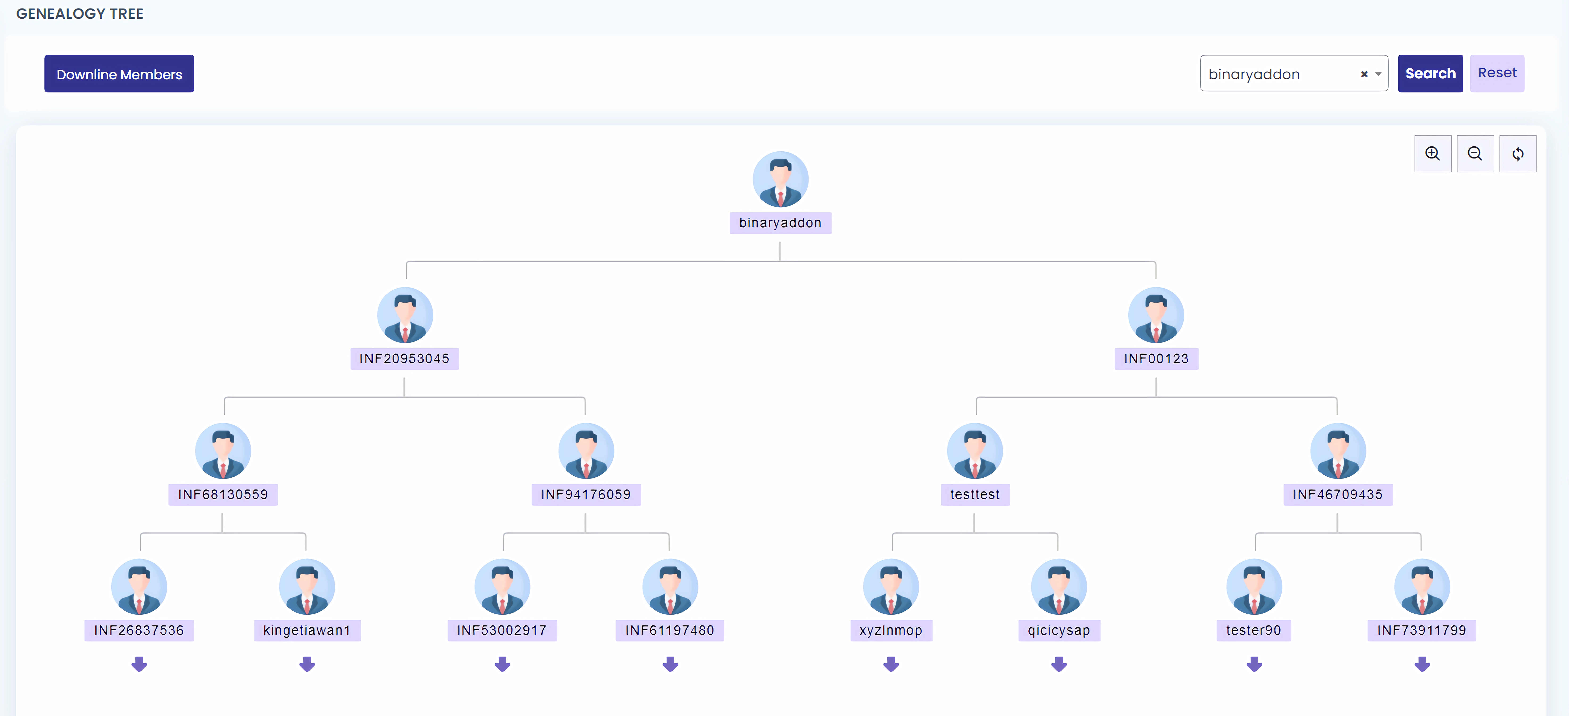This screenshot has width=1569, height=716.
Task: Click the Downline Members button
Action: coord(119,74)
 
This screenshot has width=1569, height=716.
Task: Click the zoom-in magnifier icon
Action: coord(1433,154)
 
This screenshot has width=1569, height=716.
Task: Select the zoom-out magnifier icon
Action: coord(1475,154)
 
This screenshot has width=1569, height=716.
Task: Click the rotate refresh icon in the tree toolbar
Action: coord(1518,154)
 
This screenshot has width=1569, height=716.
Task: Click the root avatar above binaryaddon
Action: coord(780,179)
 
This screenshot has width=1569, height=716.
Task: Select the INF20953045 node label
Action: coord(405,359)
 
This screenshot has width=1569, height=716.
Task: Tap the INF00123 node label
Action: coord(1156,359)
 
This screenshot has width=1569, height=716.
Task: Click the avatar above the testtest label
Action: coord(975,450)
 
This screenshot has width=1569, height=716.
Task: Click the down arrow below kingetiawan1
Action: coord(307,664)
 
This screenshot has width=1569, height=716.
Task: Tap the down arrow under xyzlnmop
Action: coord(891,664)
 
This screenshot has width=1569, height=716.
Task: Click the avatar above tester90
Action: coord(1254,586)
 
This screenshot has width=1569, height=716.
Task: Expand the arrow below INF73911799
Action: coord(1422,664)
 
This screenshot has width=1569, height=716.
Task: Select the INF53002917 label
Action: coord(502,630)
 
